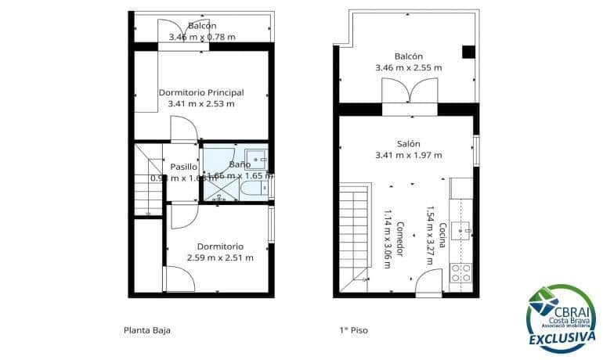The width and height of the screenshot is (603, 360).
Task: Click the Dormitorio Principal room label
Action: point(201,92)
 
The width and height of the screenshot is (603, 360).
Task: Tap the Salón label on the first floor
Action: point(409,144)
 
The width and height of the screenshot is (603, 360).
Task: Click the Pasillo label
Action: point(183,167)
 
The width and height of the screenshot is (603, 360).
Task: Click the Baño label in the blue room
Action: point(240,164)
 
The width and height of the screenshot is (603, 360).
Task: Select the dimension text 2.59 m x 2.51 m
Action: point(219,257)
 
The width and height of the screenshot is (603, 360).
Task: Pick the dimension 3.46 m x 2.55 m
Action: point(409,68)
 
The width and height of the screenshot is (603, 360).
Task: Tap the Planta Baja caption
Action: point(147,330)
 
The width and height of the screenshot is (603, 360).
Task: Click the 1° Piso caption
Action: point(354,330)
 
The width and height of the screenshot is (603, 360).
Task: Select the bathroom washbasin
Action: point(255,156)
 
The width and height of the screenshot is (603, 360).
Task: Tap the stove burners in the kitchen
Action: point(462,273)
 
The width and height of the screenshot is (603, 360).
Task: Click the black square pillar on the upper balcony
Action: point(468,52)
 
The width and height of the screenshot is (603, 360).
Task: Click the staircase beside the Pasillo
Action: point(147,180)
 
